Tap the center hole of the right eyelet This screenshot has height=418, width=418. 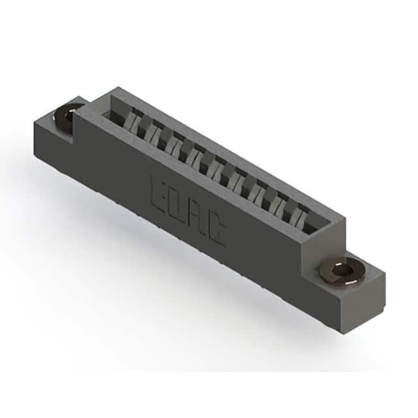click(x=342, y=272)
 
